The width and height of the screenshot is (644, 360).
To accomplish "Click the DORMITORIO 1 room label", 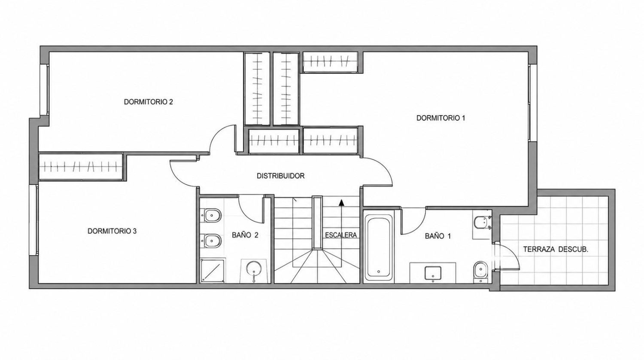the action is (x=440, y=118).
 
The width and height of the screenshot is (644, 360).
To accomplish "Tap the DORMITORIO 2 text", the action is (x=149, y=102).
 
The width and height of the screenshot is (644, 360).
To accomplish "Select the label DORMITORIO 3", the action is (x=112, y=231).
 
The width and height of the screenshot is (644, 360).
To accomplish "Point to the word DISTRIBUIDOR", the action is (x=280, y=176).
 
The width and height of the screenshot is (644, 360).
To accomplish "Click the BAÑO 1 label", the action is (x=438, y=236).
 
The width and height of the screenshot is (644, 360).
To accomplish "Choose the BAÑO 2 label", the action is (x=245, y=235).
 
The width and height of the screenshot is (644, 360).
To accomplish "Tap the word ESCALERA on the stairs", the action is (x=341, y=235).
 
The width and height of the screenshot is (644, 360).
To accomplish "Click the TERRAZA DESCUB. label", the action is (x=556, y=250).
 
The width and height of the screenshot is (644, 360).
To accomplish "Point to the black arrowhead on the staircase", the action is (x=341, y=203).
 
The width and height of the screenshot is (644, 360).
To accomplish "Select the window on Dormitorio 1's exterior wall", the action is (x=529, y=103).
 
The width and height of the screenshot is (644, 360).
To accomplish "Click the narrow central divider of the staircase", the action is (x=317, y=223).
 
